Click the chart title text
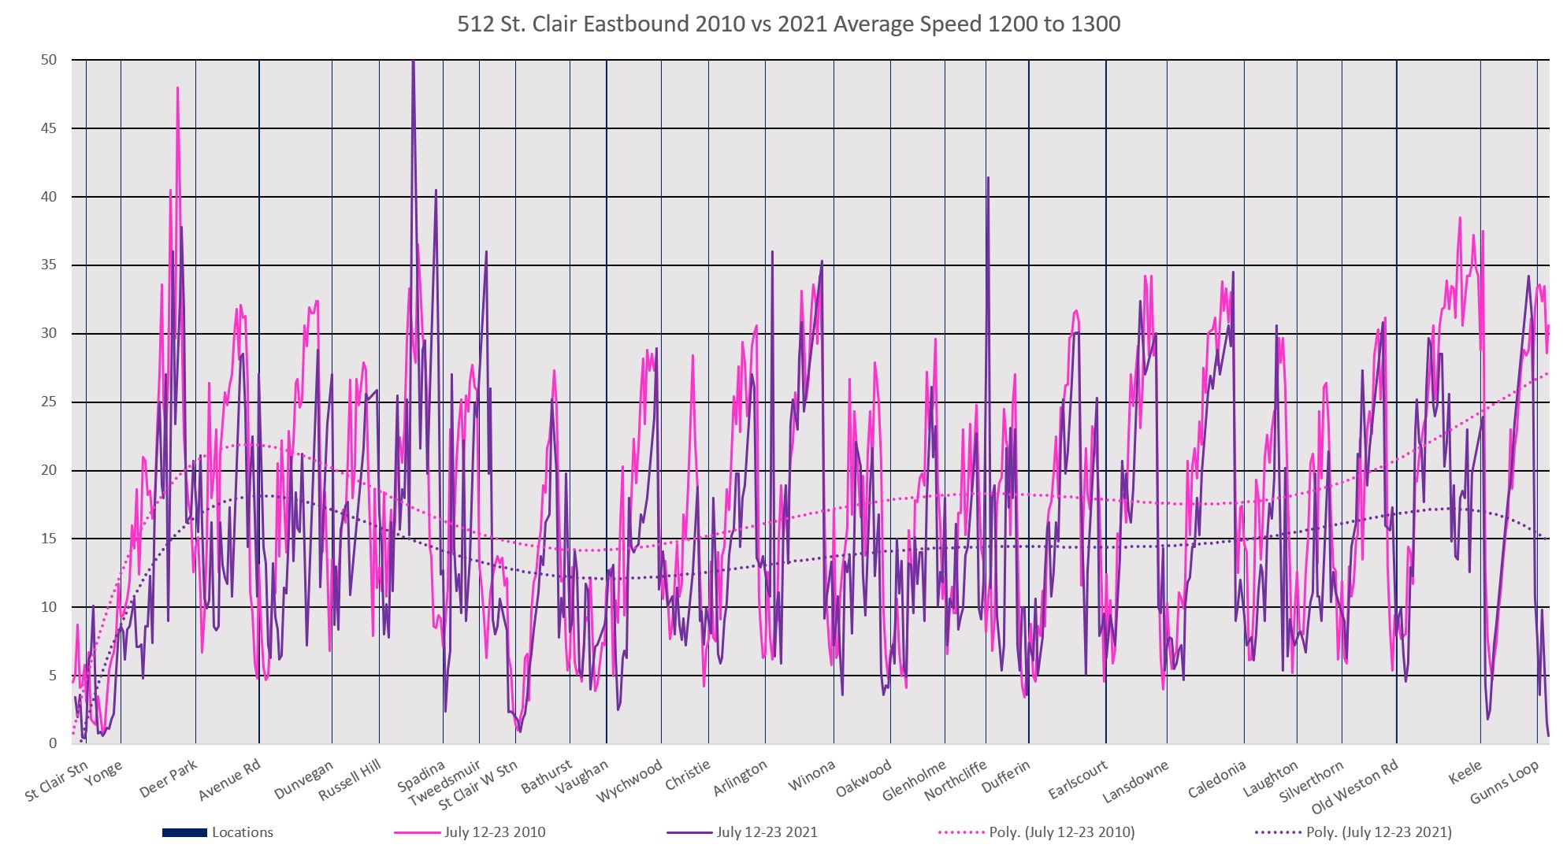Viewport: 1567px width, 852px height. [x=789, y=24]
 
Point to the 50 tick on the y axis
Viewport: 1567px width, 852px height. [x=50, y=61]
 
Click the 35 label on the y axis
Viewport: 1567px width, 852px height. [x=50, y=265]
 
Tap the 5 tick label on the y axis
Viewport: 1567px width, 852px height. [x=53, y=676]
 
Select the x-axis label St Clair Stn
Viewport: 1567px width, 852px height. [x=57, y=780]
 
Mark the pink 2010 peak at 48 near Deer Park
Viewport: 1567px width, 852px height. [x=178, y=88]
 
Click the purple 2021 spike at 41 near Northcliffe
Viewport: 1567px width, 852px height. [x=988, y=178]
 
